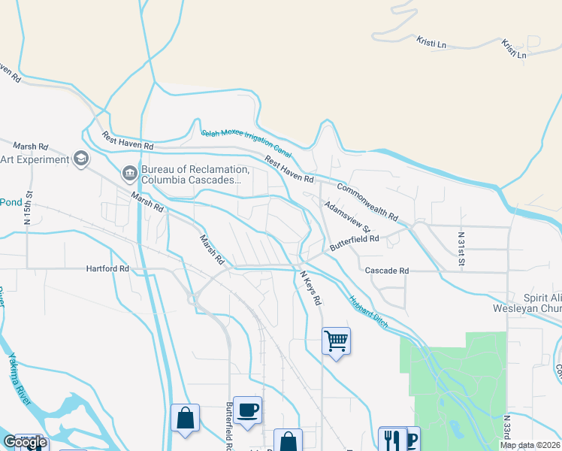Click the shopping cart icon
point(336,342)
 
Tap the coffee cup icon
point(247,410)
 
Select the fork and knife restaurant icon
point(391,440)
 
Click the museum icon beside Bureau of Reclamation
point(129,174)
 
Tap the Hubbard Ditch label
point(368,310)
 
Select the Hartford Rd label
point(107,268)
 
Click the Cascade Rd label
point(387,271)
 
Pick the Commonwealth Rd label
point(367,201)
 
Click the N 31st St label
point(461,249)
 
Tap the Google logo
point(24,442)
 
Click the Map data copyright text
point(530,445)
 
